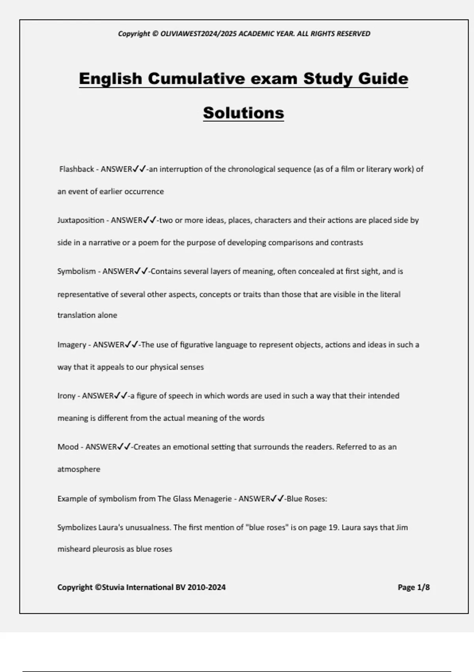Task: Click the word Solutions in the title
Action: pos(243,113)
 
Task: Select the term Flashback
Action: pos(77,169)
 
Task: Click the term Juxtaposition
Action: pos(81,220)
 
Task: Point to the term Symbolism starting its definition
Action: pos(77,272)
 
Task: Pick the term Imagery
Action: pos(71,345)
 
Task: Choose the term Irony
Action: pos(66,396)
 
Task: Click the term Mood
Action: pos(68,447)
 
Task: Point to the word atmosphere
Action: pos(79,470)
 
